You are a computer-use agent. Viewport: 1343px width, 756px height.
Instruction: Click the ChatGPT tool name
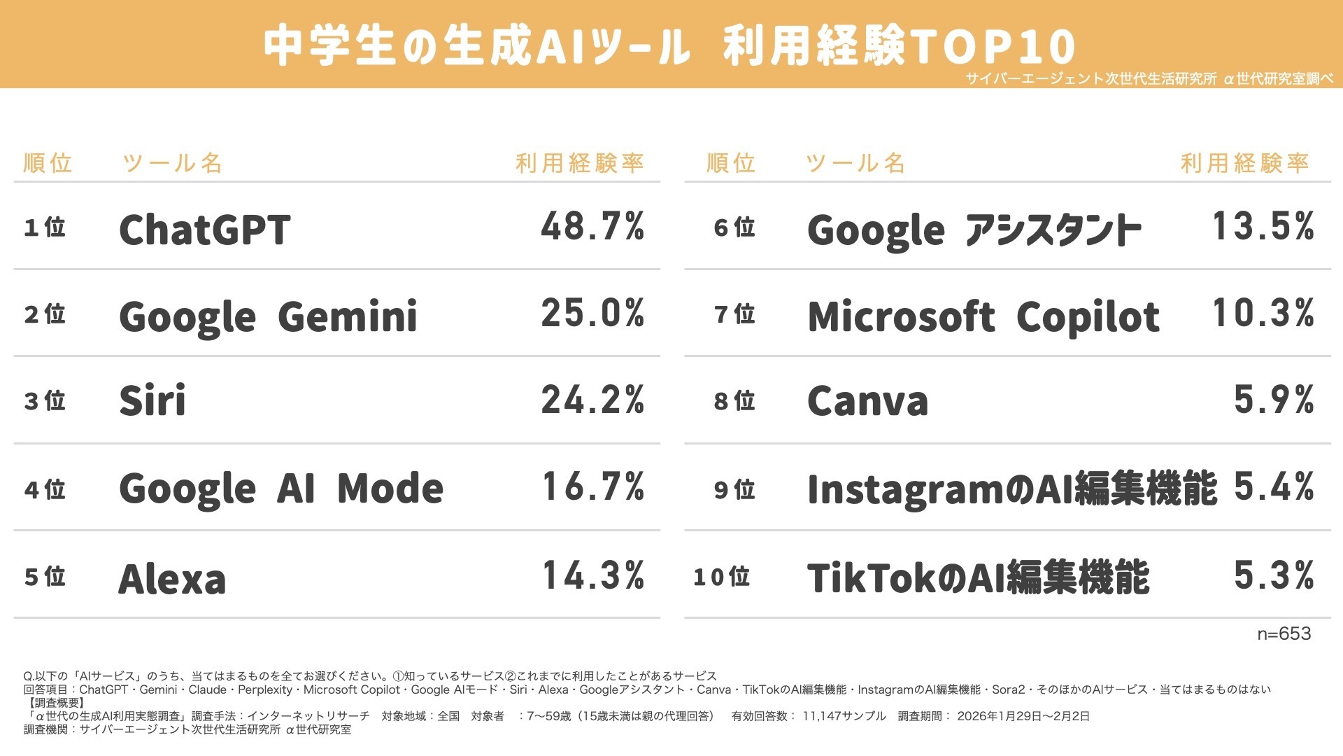204,229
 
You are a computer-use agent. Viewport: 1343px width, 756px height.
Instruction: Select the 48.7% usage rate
592,226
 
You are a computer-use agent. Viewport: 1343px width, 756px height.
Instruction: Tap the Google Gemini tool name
268,316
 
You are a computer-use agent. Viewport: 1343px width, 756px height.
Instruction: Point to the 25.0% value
592,313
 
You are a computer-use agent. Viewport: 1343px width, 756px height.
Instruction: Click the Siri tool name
152,400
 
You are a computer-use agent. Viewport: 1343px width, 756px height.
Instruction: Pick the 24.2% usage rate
592,400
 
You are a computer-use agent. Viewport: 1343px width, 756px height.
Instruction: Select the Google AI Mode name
280,488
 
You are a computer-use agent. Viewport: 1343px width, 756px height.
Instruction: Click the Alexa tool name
172,579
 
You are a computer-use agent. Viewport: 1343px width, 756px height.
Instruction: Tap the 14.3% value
592,575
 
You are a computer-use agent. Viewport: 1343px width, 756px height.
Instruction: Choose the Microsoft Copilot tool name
983,316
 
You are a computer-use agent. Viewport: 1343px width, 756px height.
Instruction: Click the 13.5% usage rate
1263,226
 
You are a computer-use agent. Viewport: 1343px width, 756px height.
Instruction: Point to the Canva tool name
867,400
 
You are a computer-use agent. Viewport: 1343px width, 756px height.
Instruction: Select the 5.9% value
1273,400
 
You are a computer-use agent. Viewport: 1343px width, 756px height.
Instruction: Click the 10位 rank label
721,577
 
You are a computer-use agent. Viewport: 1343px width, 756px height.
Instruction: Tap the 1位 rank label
44,227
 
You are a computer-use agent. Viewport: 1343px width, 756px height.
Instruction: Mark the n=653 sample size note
1284,633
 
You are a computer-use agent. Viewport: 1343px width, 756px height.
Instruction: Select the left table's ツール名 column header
172,163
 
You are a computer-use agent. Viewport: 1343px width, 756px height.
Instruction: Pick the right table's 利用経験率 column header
1244,163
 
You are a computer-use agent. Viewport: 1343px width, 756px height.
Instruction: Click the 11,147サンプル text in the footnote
844,716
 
